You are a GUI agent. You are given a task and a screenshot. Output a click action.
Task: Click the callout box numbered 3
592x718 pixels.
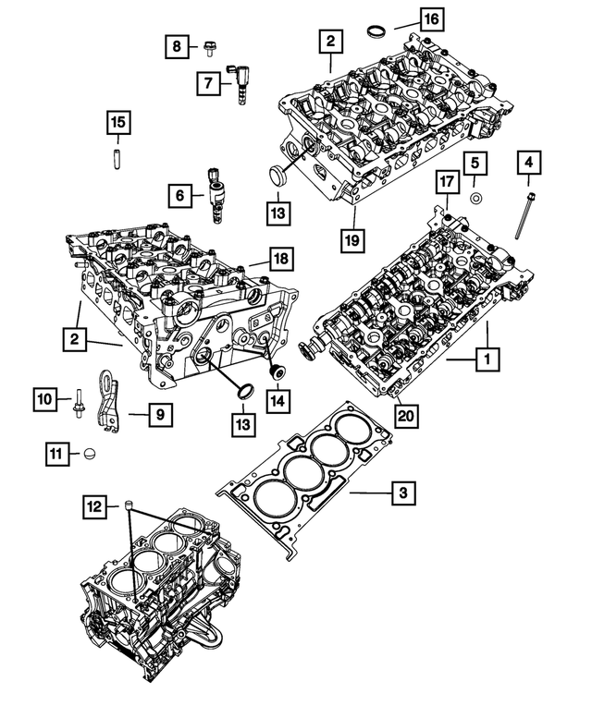401,494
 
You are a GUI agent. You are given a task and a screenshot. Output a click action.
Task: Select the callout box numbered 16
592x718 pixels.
431,18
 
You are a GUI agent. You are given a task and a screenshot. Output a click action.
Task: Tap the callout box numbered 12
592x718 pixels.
94,505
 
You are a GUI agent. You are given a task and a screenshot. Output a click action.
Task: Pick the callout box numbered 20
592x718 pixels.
404,417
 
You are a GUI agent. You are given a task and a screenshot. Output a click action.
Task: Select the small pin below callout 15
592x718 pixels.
117,153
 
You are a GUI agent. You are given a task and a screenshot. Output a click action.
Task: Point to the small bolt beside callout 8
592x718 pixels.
210,43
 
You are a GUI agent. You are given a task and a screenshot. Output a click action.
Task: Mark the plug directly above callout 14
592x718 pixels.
275,371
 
